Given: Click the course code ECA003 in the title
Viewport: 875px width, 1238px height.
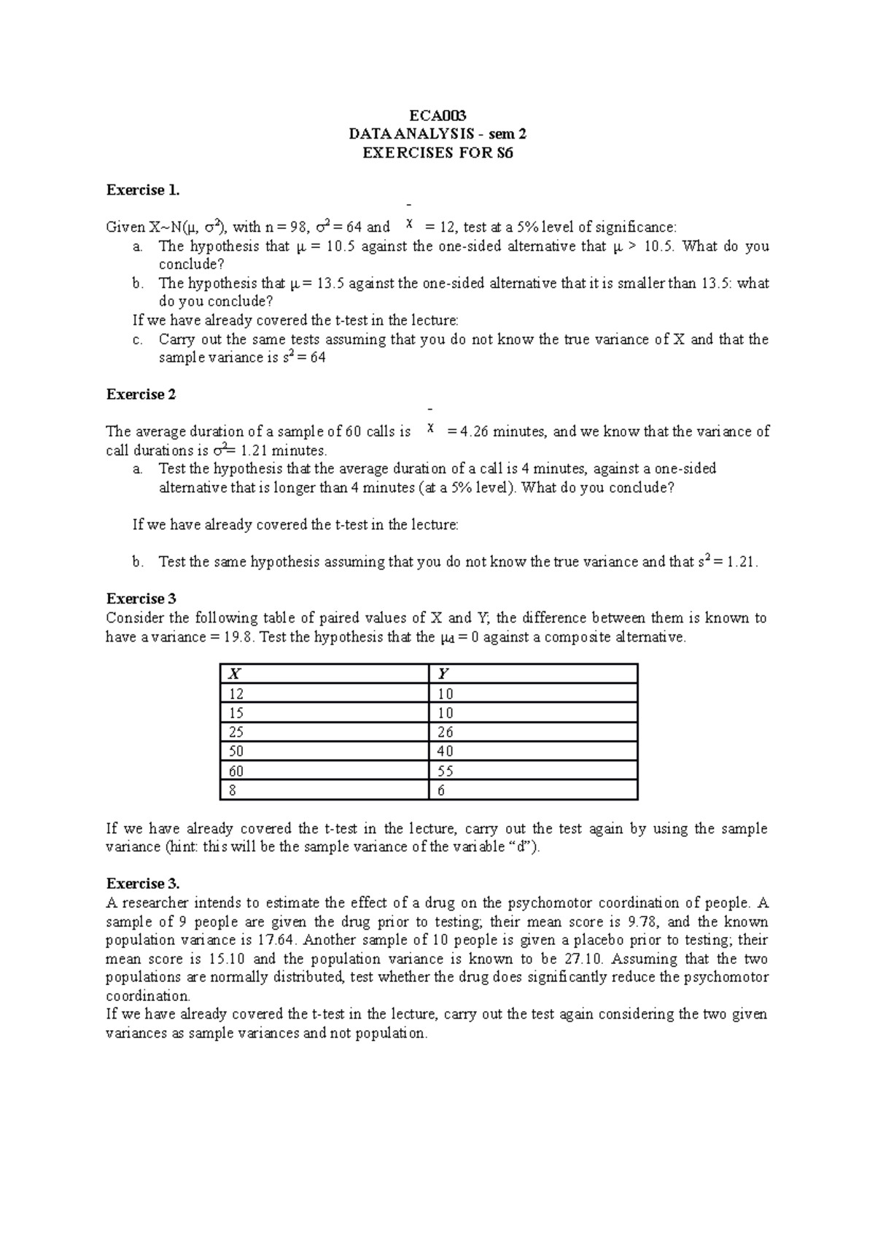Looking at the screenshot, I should (x=437, y=115).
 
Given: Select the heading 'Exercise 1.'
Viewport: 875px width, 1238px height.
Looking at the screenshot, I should (x=143, y=190).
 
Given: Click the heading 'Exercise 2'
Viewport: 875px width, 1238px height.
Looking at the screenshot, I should (x=141, y=394).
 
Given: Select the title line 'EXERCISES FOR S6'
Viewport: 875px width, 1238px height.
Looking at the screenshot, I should (x=437, y=153).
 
